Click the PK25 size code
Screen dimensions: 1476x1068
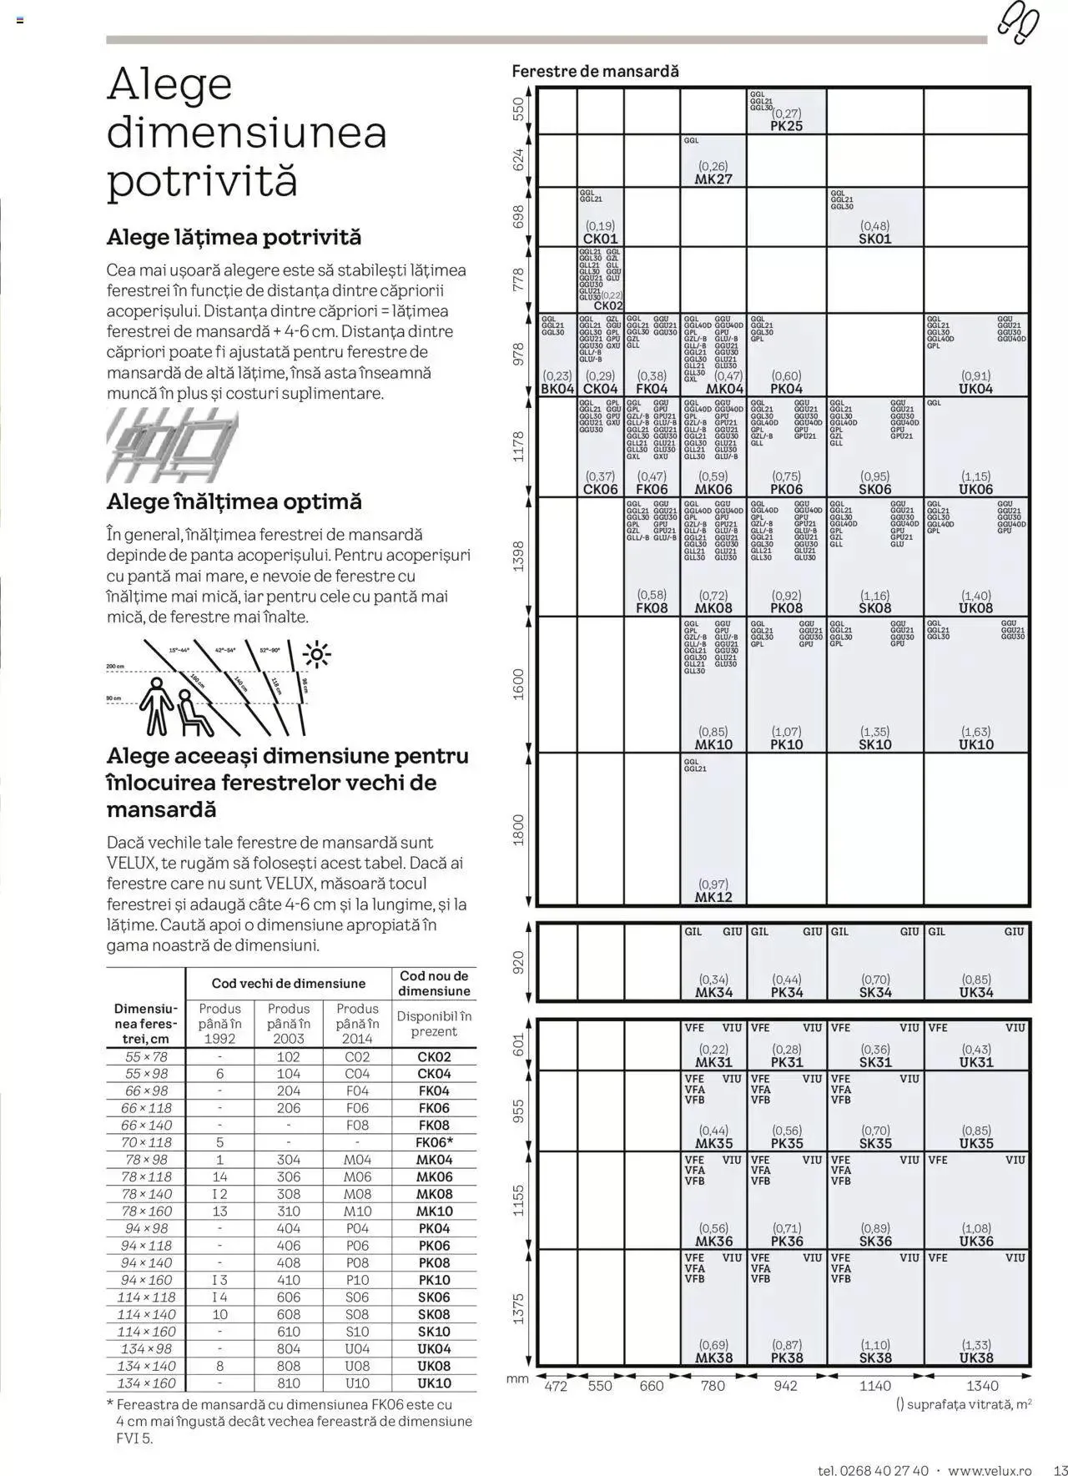(786, 126)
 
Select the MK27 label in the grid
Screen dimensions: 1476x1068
(713, 179)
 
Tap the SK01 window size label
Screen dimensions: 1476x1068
(874, 239)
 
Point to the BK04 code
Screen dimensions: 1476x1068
(557, 389)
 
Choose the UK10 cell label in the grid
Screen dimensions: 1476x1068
(975, 744)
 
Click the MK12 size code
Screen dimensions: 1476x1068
(713, 897)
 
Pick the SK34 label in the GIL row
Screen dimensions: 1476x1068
(874, 993)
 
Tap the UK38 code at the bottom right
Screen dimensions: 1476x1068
(975, 1358)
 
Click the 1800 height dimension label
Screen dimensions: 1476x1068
(518, 829)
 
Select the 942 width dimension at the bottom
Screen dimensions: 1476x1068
(785, 1386)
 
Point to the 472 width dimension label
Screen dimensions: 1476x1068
(556, 1386)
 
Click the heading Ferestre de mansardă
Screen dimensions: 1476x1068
(595, 72)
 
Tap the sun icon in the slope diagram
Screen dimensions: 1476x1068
(318, 655)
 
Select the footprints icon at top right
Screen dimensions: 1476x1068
(1017, 23)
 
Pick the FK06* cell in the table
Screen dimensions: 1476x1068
(434, 1142)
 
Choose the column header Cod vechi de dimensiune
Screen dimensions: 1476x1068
(288, 984)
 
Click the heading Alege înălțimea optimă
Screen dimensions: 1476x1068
(234, 502)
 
